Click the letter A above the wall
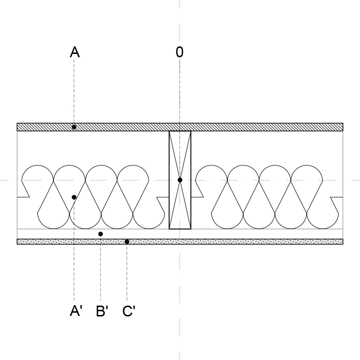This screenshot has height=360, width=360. (x=75, y=52)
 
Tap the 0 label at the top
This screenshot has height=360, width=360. (x=180, y=52)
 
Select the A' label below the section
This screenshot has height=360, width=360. (x=76, y=311)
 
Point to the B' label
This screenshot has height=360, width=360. (x=102, y=311)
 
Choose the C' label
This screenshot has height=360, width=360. (x=129, y=311)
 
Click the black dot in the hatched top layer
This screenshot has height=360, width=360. (x=74, y=127)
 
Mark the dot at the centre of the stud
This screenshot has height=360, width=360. (x=180, y=180)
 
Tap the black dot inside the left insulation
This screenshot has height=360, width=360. (x=74, y=197)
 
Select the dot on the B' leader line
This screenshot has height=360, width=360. (x=100, y=234)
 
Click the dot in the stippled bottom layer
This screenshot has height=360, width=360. (x=127, y=241)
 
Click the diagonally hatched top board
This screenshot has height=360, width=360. (x=180, y=127)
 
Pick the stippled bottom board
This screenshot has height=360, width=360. (x=180, y=241)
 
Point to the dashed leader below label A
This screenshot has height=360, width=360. (x=74, y=91)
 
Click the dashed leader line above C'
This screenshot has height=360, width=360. (x=127, y=272)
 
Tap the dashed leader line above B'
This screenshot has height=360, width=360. (x=100, y=269)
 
